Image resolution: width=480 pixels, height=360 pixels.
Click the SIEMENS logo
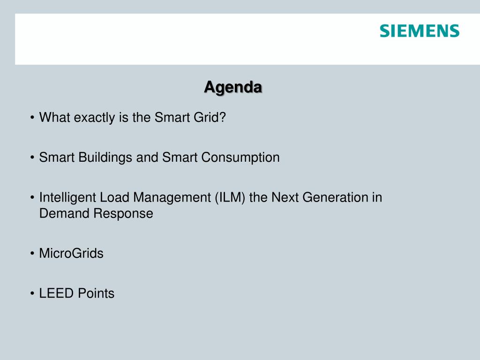coord(420,31)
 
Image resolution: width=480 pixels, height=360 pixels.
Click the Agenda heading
coord(233,87)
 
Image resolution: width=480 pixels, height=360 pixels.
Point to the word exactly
coord(94,118)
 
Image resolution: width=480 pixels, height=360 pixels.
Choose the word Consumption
coord(240,157)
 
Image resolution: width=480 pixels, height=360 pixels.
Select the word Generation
coord(335,197)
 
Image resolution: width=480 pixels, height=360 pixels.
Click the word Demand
coord(64,213)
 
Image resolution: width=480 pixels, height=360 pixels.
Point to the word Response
coord(123,214)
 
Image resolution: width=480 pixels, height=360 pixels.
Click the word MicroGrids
coord(71,253)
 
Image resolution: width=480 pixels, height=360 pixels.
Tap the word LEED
coord(56,293)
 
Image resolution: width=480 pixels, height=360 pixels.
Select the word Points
coord(96,293)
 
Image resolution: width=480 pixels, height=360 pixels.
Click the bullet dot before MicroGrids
coord(32,254)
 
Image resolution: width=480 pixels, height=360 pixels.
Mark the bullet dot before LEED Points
coord(32,293)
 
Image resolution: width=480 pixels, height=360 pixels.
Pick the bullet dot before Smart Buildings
coord(32,157)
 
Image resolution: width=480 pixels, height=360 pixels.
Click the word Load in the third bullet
coord(114,197)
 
